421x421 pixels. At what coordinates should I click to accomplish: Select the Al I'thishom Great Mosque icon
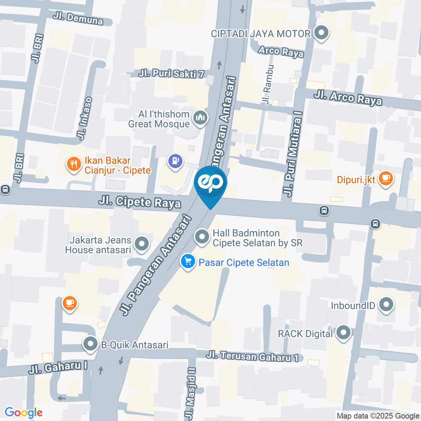(x=200, y=118)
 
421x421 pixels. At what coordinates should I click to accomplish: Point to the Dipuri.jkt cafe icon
(x=385, y=179)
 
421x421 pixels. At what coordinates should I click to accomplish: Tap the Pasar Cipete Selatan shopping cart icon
(x=188, y=262)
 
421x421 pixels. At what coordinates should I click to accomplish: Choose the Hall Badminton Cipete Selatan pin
(x=202, y=237)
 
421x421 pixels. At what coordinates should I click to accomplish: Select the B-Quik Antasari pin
(x=91, y=344)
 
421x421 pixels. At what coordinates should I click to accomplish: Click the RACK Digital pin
(x=343, y=333)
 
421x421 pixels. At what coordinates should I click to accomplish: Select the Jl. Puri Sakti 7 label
(x=171, y=74)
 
